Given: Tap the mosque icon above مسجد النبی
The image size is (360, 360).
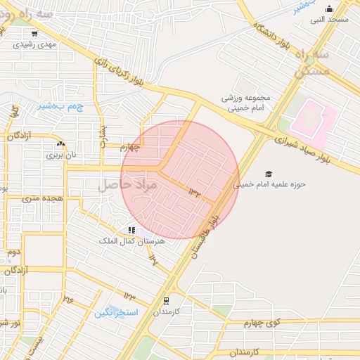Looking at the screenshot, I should coord(330,9).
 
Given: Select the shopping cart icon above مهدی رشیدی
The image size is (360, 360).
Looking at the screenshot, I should coord(34,33).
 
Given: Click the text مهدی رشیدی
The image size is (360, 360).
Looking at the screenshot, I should coord(35,44).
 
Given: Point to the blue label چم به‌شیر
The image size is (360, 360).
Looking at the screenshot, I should coord(55,106).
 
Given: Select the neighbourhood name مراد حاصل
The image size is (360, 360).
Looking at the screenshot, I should coord(127,185).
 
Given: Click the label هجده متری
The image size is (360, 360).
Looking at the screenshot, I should coord(42,199).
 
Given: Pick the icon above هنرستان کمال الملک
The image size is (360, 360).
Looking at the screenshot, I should coord(131,230).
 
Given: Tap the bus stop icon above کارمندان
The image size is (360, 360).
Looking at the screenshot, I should coord(167,300).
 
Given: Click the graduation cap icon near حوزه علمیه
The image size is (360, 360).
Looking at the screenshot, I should coord(268,174).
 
